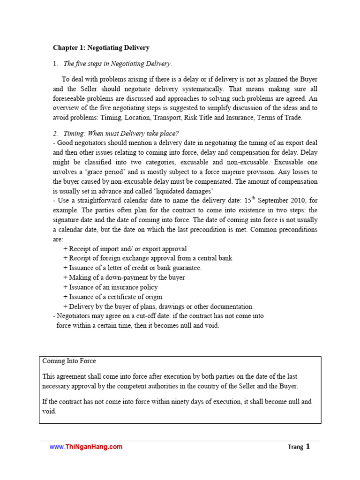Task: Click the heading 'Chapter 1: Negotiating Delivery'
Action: [101, 47]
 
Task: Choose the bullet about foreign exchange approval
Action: [148, 258]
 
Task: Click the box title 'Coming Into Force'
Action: [69, 361]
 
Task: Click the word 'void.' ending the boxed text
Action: [49, 411]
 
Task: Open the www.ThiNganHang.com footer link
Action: [86, 447]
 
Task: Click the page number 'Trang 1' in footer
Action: [299, 447]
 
